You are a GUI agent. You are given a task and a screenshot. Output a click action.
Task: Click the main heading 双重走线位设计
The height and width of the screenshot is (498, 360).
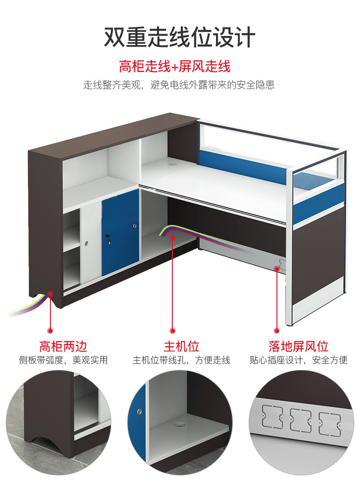180,37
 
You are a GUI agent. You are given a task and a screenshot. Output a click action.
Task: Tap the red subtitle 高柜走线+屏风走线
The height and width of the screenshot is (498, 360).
175,66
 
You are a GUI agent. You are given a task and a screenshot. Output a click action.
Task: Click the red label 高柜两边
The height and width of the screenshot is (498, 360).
63,345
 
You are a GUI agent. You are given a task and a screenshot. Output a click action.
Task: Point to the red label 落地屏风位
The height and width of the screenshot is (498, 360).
298,345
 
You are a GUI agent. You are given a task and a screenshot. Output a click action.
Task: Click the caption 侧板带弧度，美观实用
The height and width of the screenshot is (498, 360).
63,360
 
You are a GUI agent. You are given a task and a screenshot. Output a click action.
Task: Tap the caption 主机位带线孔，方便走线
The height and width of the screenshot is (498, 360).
181,360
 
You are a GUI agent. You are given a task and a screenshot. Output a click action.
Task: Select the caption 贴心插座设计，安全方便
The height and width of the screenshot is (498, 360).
298,360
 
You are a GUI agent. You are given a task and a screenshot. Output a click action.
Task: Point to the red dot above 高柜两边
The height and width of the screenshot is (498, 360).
50,330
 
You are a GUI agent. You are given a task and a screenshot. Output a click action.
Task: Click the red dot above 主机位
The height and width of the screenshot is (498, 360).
173,330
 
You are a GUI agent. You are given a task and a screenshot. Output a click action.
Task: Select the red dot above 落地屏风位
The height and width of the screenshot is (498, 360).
276,330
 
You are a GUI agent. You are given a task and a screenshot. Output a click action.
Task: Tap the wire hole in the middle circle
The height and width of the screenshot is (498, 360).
180,424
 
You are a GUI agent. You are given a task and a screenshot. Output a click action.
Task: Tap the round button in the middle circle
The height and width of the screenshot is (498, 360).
139,411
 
